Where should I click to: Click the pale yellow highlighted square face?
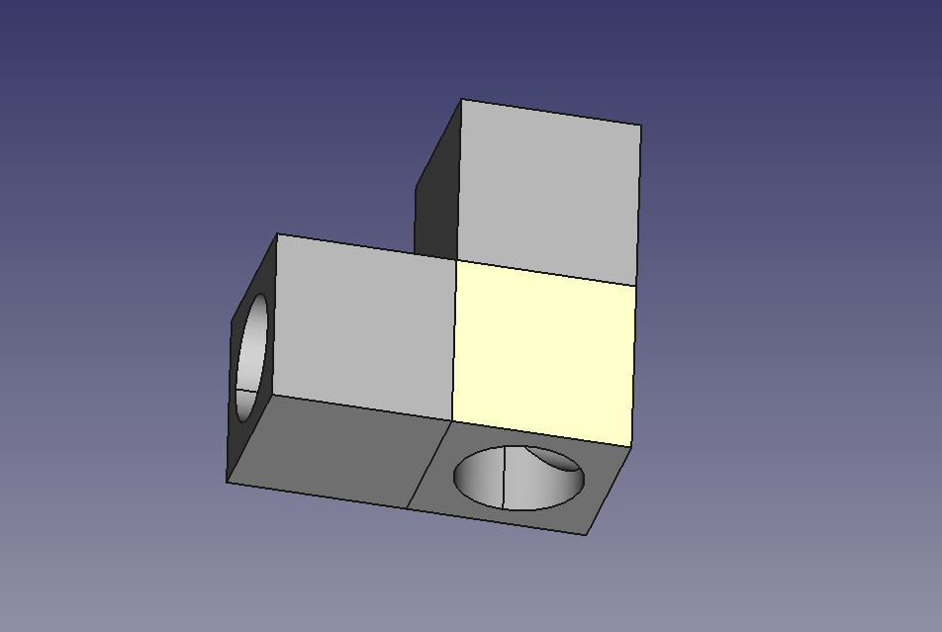(542, 351)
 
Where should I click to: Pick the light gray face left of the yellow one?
(364, 324)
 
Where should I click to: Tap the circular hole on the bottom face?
(518, 478)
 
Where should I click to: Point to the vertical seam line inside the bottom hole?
(505, 478)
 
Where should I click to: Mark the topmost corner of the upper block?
(461, 99)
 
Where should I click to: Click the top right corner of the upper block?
(640, 127)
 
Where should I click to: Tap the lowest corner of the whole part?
(587, 535)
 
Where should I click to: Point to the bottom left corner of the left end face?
(228, 483)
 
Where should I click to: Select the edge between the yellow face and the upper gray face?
(544, 273)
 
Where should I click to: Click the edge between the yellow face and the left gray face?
(454, 340)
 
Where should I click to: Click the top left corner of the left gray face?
(278, 234)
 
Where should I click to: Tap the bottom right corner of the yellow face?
(631, 447)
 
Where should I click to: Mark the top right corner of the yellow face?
(635, 287)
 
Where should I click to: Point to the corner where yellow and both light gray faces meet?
(455, 259)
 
